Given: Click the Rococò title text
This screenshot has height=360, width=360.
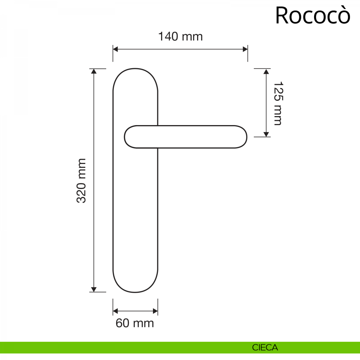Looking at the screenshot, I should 313,16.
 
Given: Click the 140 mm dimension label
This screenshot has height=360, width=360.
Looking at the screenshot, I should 180,37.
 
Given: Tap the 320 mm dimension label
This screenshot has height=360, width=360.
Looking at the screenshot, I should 81,181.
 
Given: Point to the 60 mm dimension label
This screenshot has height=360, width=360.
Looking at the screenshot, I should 135,323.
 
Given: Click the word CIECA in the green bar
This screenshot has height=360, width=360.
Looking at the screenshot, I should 265,348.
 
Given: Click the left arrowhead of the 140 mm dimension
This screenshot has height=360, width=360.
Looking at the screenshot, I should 115,49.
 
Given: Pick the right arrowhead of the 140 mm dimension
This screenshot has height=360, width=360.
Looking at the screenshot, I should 245,49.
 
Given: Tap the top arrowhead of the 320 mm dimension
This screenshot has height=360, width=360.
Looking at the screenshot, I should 94,71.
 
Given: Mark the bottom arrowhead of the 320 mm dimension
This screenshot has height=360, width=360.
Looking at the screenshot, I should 94,289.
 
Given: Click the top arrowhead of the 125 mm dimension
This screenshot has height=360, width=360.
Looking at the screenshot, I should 266,71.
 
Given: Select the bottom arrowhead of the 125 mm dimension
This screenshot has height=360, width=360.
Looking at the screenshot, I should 266,134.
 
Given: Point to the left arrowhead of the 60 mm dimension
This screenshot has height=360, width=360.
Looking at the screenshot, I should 115,311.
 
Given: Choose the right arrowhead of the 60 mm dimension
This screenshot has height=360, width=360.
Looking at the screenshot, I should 155,311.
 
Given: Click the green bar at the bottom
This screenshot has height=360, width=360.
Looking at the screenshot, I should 120,348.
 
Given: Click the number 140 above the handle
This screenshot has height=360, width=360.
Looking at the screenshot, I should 169,37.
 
